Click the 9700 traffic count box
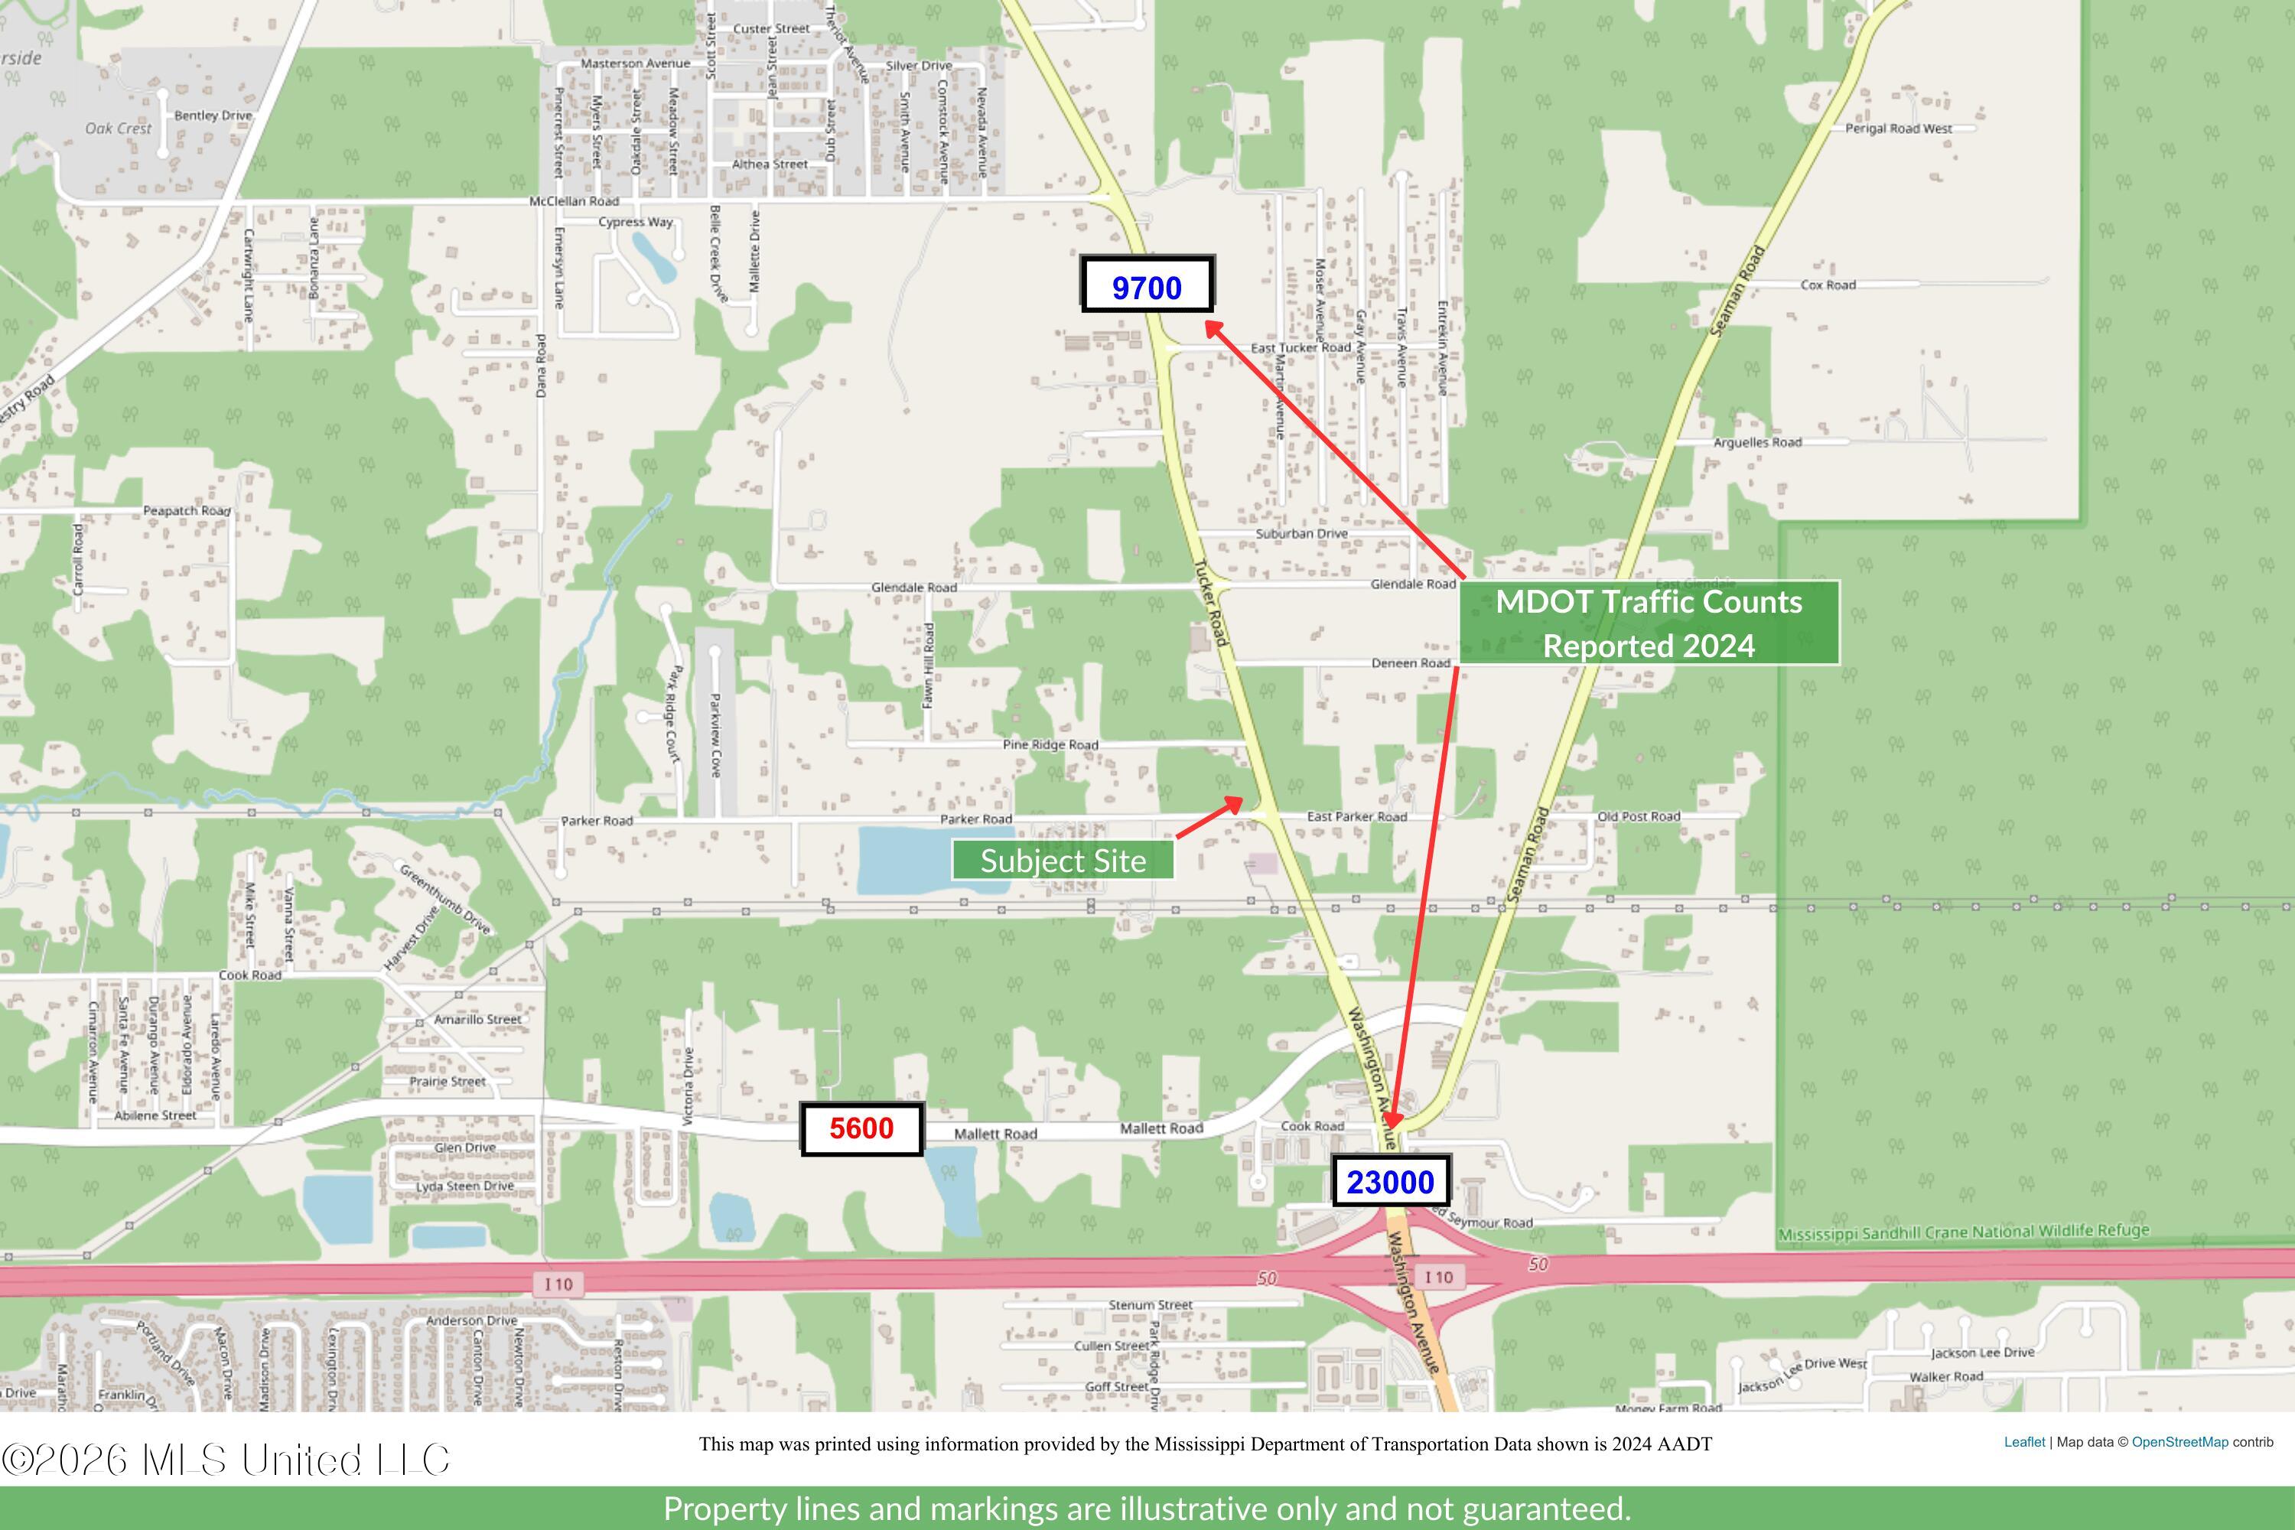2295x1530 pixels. (x=1147, y=285)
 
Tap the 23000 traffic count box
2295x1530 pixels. (x=1391, y=1182)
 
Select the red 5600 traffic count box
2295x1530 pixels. (x=861, y=1129)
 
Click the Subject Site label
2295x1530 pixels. (x=1063, y=861)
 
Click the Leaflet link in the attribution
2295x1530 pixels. (x=2023, y=1442)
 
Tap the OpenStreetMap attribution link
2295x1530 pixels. (x=2179, y=1442)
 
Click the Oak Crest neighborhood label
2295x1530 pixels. (x=118, y=129)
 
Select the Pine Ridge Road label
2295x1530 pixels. (x=1050, y=744)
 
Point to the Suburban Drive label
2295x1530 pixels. (x=1300, y=534)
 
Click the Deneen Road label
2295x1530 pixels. (x=1410, y=662)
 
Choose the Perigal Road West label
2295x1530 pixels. (x=1898, y=128)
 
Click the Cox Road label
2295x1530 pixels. (x=1828, y=285)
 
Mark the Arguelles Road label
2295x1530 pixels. (x=1757, y=442)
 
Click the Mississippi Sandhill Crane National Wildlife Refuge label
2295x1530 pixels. (x=1963, y=1232)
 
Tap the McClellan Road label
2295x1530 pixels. (x=574, y=201)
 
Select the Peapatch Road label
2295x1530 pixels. (x=187, y=510)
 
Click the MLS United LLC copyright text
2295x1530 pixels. (x=226, y=1460)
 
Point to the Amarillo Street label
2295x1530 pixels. (x=477, y=1019)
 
